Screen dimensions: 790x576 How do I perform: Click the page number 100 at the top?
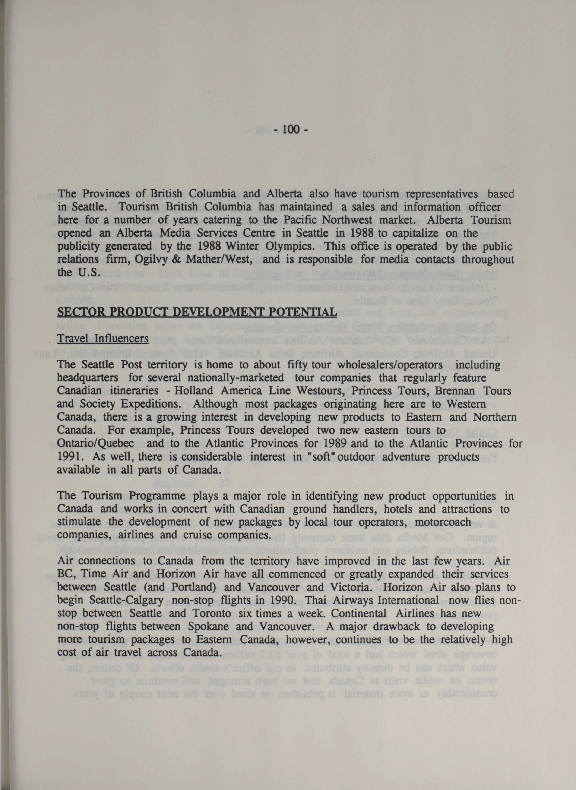(291, 130)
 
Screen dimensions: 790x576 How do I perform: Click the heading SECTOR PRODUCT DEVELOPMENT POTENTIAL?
(197, 312)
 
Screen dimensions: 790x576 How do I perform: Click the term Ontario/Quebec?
(95, 444)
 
